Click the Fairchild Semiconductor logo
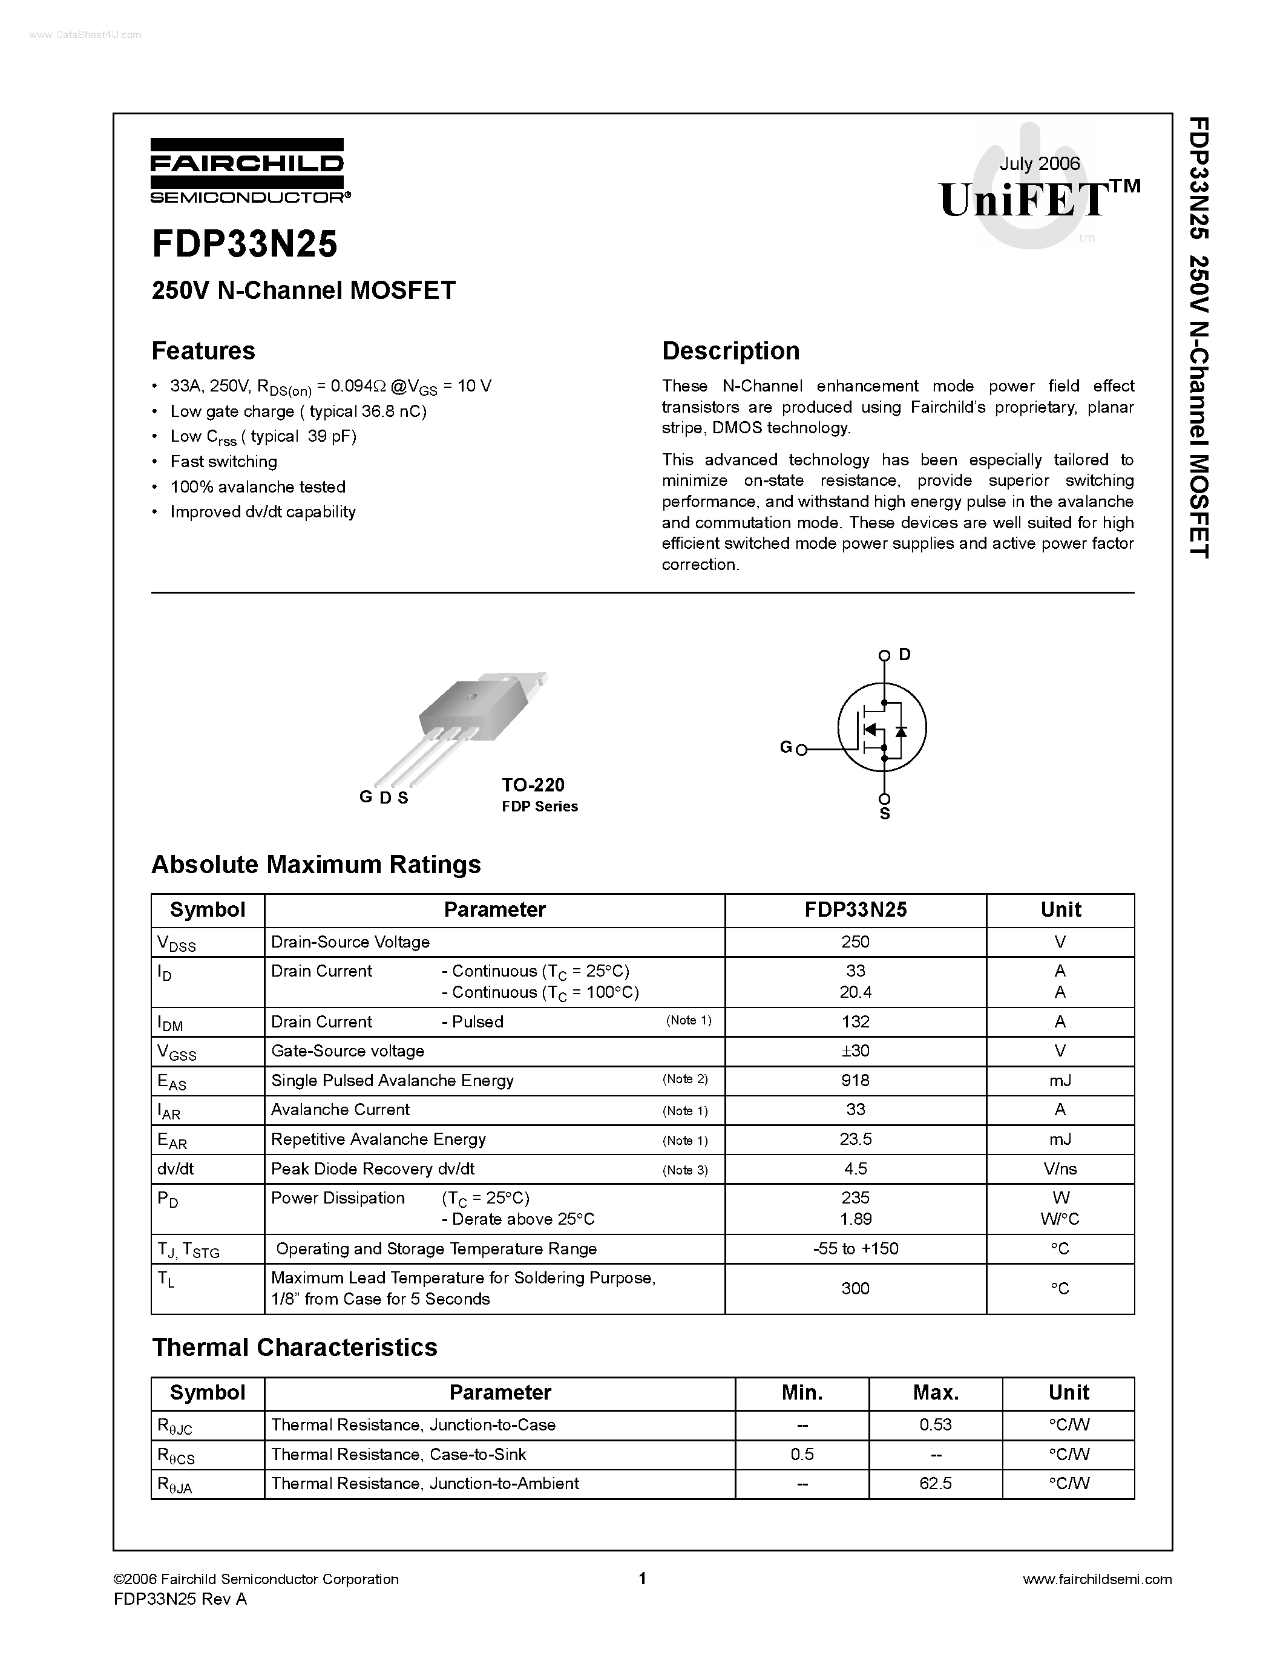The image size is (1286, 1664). [x=248, y=171]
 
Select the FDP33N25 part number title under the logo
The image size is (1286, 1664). [x=244, y=244]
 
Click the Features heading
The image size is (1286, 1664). [x=203, y=350]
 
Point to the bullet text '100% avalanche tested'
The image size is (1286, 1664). [x=258, y=487]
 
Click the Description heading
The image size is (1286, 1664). [x=730, y=350]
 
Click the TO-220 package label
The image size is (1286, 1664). [x=533, y=785]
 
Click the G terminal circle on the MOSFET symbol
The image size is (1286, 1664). [x=801, y=750]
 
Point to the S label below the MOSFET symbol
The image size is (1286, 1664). [x=885, y=814]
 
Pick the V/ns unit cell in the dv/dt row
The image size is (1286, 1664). [x=1060, y=1169]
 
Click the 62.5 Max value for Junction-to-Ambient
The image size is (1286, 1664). [x=935, y=1484]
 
